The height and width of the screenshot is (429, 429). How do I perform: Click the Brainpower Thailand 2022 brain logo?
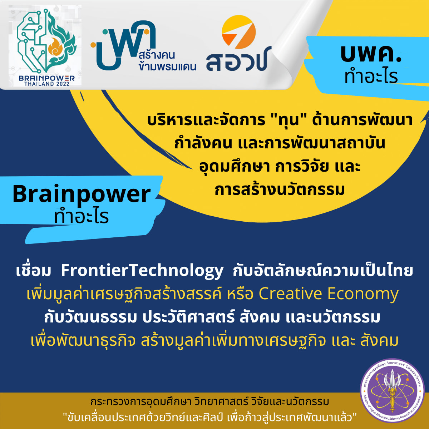(x=46, y=41)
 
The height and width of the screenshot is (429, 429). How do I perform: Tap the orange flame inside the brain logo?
(x=55, y=47)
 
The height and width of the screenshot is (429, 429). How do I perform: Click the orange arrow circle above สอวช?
(x=239, y=32)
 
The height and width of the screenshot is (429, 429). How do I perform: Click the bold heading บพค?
(x=371, y=54)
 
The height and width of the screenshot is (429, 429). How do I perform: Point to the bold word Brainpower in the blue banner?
(x=82, y=194)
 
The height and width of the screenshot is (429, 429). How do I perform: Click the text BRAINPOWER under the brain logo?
(x=46, y=78)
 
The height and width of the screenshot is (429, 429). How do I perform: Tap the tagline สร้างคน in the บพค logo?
(x=157, y=55)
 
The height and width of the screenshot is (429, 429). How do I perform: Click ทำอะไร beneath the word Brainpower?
(x=82, y=217)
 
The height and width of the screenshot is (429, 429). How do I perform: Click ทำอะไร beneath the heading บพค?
(x=371, y=77)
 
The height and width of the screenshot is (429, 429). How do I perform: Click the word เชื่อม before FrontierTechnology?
(x=34, y=271)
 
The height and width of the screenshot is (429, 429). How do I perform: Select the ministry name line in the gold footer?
(x=210, y=402)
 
